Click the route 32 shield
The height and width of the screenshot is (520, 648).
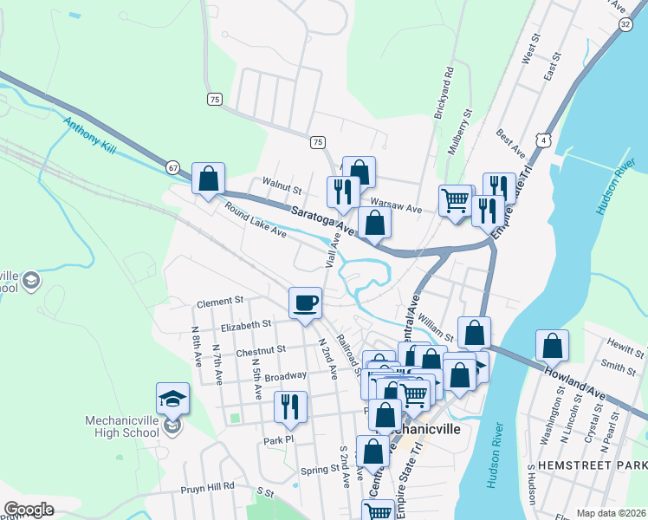(x=625, y=25)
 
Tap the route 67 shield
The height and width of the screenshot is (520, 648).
(x=173, y=166)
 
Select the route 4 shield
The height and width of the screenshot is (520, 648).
(x=542, y=140)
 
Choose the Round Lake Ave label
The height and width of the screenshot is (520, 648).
(x=255, y=221)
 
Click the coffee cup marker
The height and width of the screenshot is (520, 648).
(x=305, y=303)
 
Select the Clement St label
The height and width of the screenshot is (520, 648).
(x=220, y=302)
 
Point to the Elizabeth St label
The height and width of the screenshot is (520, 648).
(x=246, y=324)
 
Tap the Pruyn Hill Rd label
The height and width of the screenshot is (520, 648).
(x=208, y=487)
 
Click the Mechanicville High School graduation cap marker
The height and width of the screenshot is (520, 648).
(x=172, y=400)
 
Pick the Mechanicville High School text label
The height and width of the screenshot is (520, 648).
(x=121, y=427)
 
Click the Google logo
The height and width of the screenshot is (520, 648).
(x=29, y=509)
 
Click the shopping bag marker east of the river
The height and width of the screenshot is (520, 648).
(x=552, y=346)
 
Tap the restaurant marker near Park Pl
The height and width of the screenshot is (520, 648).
(x=289, y=407)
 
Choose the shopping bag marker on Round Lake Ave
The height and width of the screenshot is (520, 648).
(x=208, y=179)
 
